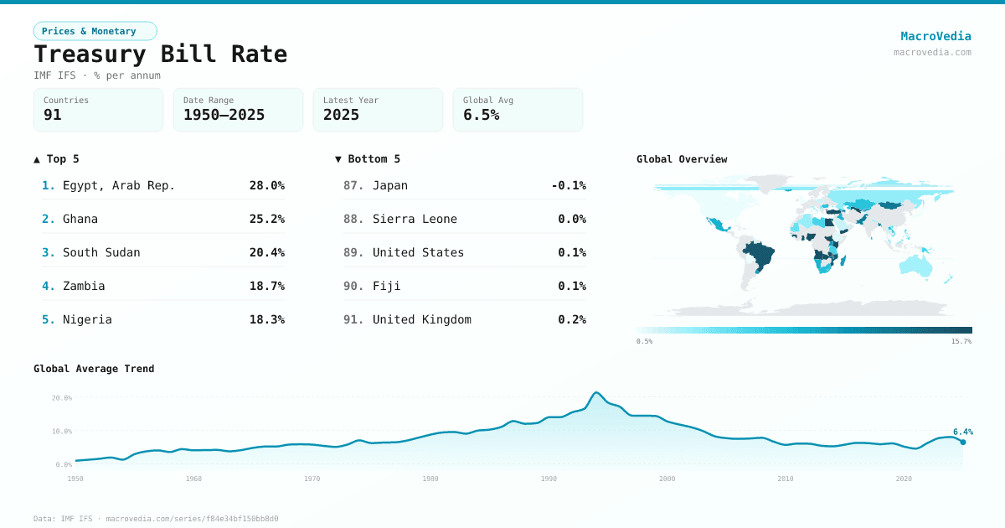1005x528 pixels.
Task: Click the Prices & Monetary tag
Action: (x=95, y=31)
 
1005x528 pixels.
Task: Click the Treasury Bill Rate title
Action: (x=160, y=54)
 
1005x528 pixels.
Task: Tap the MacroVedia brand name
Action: (x=935, y=36)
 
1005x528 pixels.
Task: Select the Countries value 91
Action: (x=53, y=115)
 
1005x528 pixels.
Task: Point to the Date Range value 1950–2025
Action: (x=224, y=115)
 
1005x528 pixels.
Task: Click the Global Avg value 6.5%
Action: (x=481, y=115)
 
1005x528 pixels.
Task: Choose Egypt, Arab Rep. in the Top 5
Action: (x=119, y=185)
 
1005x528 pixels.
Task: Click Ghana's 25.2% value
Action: (x=266, y=219)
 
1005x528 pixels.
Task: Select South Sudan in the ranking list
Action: (x=101, y=252)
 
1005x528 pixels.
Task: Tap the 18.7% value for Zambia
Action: (x=266, y=286)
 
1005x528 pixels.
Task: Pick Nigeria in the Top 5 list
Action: (x=87, y=319)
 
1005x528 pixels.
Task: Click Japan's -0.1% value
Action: (x=569, y=185)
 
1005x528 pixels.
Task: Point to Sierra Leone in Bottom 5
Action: (x=415, y=219)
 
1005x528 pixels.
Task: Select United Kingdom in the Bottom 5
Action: (x=421, y=319)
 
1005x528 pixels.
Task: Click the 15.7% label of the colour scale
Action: (x=961, y=341)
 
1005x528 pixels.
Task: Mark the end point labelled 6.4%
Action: (x=963, y=442)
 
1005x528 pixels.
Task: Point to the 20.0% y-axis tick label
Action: (x=62, y=398)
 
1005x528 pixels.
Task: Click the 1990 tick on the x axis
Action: (x=549, y=479)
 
